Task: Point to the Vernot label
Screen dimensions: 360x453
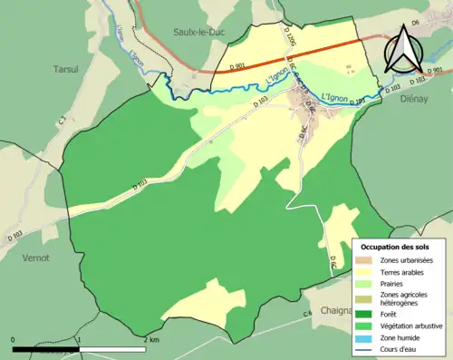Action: coord(35,257)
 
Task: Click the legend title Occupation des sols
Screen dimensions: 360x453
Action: coord(396,247)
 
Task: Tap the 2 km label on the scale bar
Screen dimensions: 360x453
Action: coord(150,339)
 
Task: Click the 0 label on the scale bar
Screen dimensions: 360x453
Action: coord(14,339)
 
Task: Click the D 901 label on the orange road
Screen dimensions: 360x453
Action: coord(238,66)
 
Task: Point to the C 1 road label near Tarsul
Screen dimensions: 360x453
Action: coord(62,118)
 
